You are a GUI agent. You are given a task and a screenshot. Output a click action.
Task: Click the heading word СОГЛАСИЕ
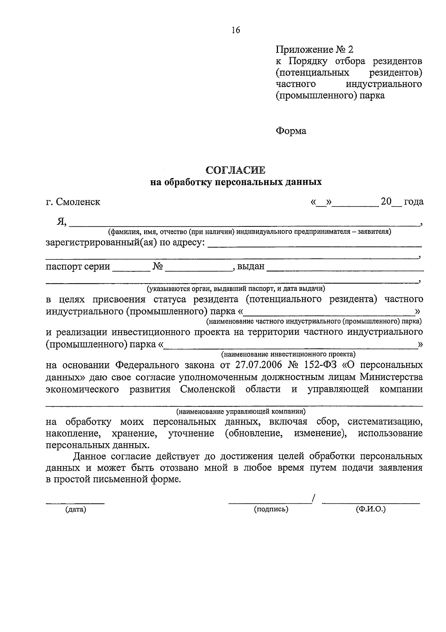click(236, 170)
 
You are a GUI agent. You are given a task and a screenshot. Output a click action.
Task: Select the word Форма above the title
click(291, 131)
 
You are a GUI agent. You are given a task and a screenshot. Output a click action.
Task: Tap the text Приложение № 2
click(315, 49)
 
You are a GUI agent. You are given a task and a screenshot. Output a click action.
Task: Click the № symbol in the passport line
click(158, 266)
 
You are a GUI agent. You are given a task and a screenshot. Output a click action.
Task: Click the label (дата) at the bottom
click(75, 510)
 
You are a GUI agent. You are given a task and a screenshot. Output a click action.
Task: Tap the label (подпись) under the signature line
click(271, 509)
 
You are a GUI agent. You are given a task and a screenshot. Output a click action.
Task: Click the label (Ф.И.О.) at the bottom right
click(371, 509)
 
